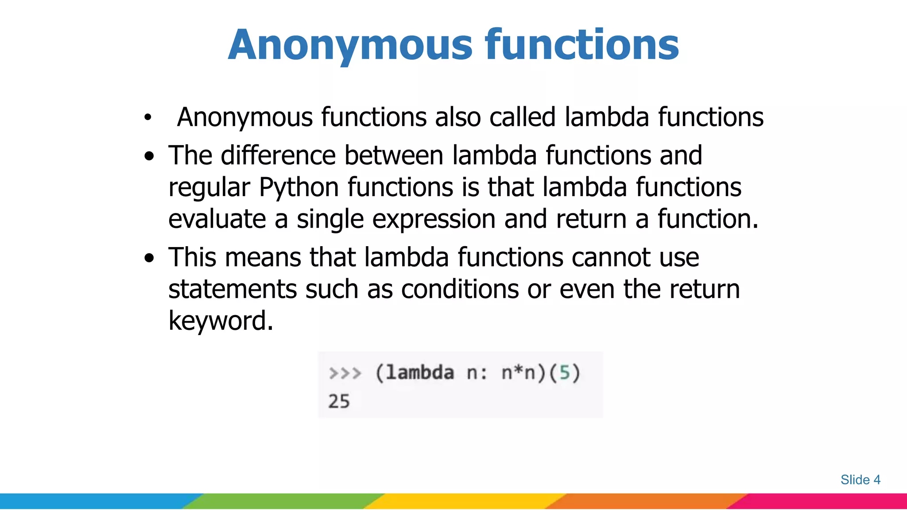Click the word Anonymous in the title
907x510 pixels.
(350, 45)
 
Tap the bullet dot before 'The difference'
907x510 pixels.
(150, 156)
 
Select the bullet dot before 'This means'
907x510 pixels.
(150, 258)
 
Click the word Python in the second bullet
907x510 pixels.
(299, 187)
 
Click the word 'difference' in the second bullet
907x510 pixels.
(278, 156)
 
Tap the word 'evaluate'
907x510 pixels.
(217, 219)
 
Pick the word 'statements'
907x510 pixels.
(232, 290)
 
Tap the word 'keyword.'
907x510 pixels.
(221, 321)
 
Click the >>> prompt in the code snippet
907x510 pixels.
(345, 373)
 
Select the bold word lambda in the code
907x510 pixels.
(420, 373)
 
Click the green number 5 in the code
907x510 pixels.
(564, 373)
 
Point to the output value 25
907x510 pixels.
(339, 402)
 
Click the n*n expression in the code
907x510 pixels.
(518, 373)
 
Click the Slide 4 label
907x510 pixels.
(860, 480)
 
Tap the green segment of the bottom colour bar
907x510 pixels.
(283, 501)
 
